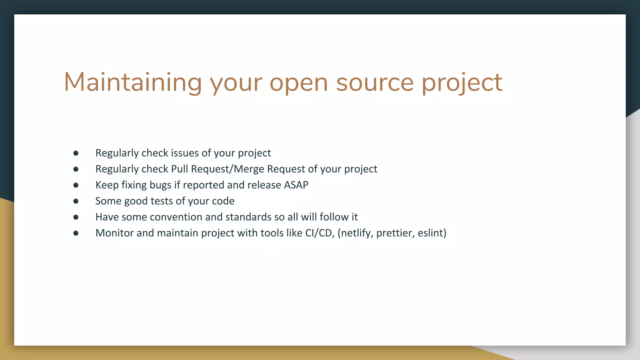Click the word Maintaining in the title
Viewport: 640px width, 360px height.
coord(133,82)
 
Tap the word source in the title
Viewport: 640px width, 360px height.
coord(375,83)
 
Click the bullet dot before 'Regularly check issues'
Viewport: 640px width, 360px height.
coord(76,153)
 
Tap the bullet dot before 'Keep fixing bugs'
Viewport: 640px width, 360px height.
coord(76,185)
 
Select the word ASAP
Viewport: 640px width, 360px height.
coord(296,185)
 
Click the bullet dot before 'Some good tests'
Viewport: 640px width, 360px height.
coord(76,201)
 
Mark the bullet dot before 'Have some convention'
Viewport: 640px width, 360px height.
coord(76,217)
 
